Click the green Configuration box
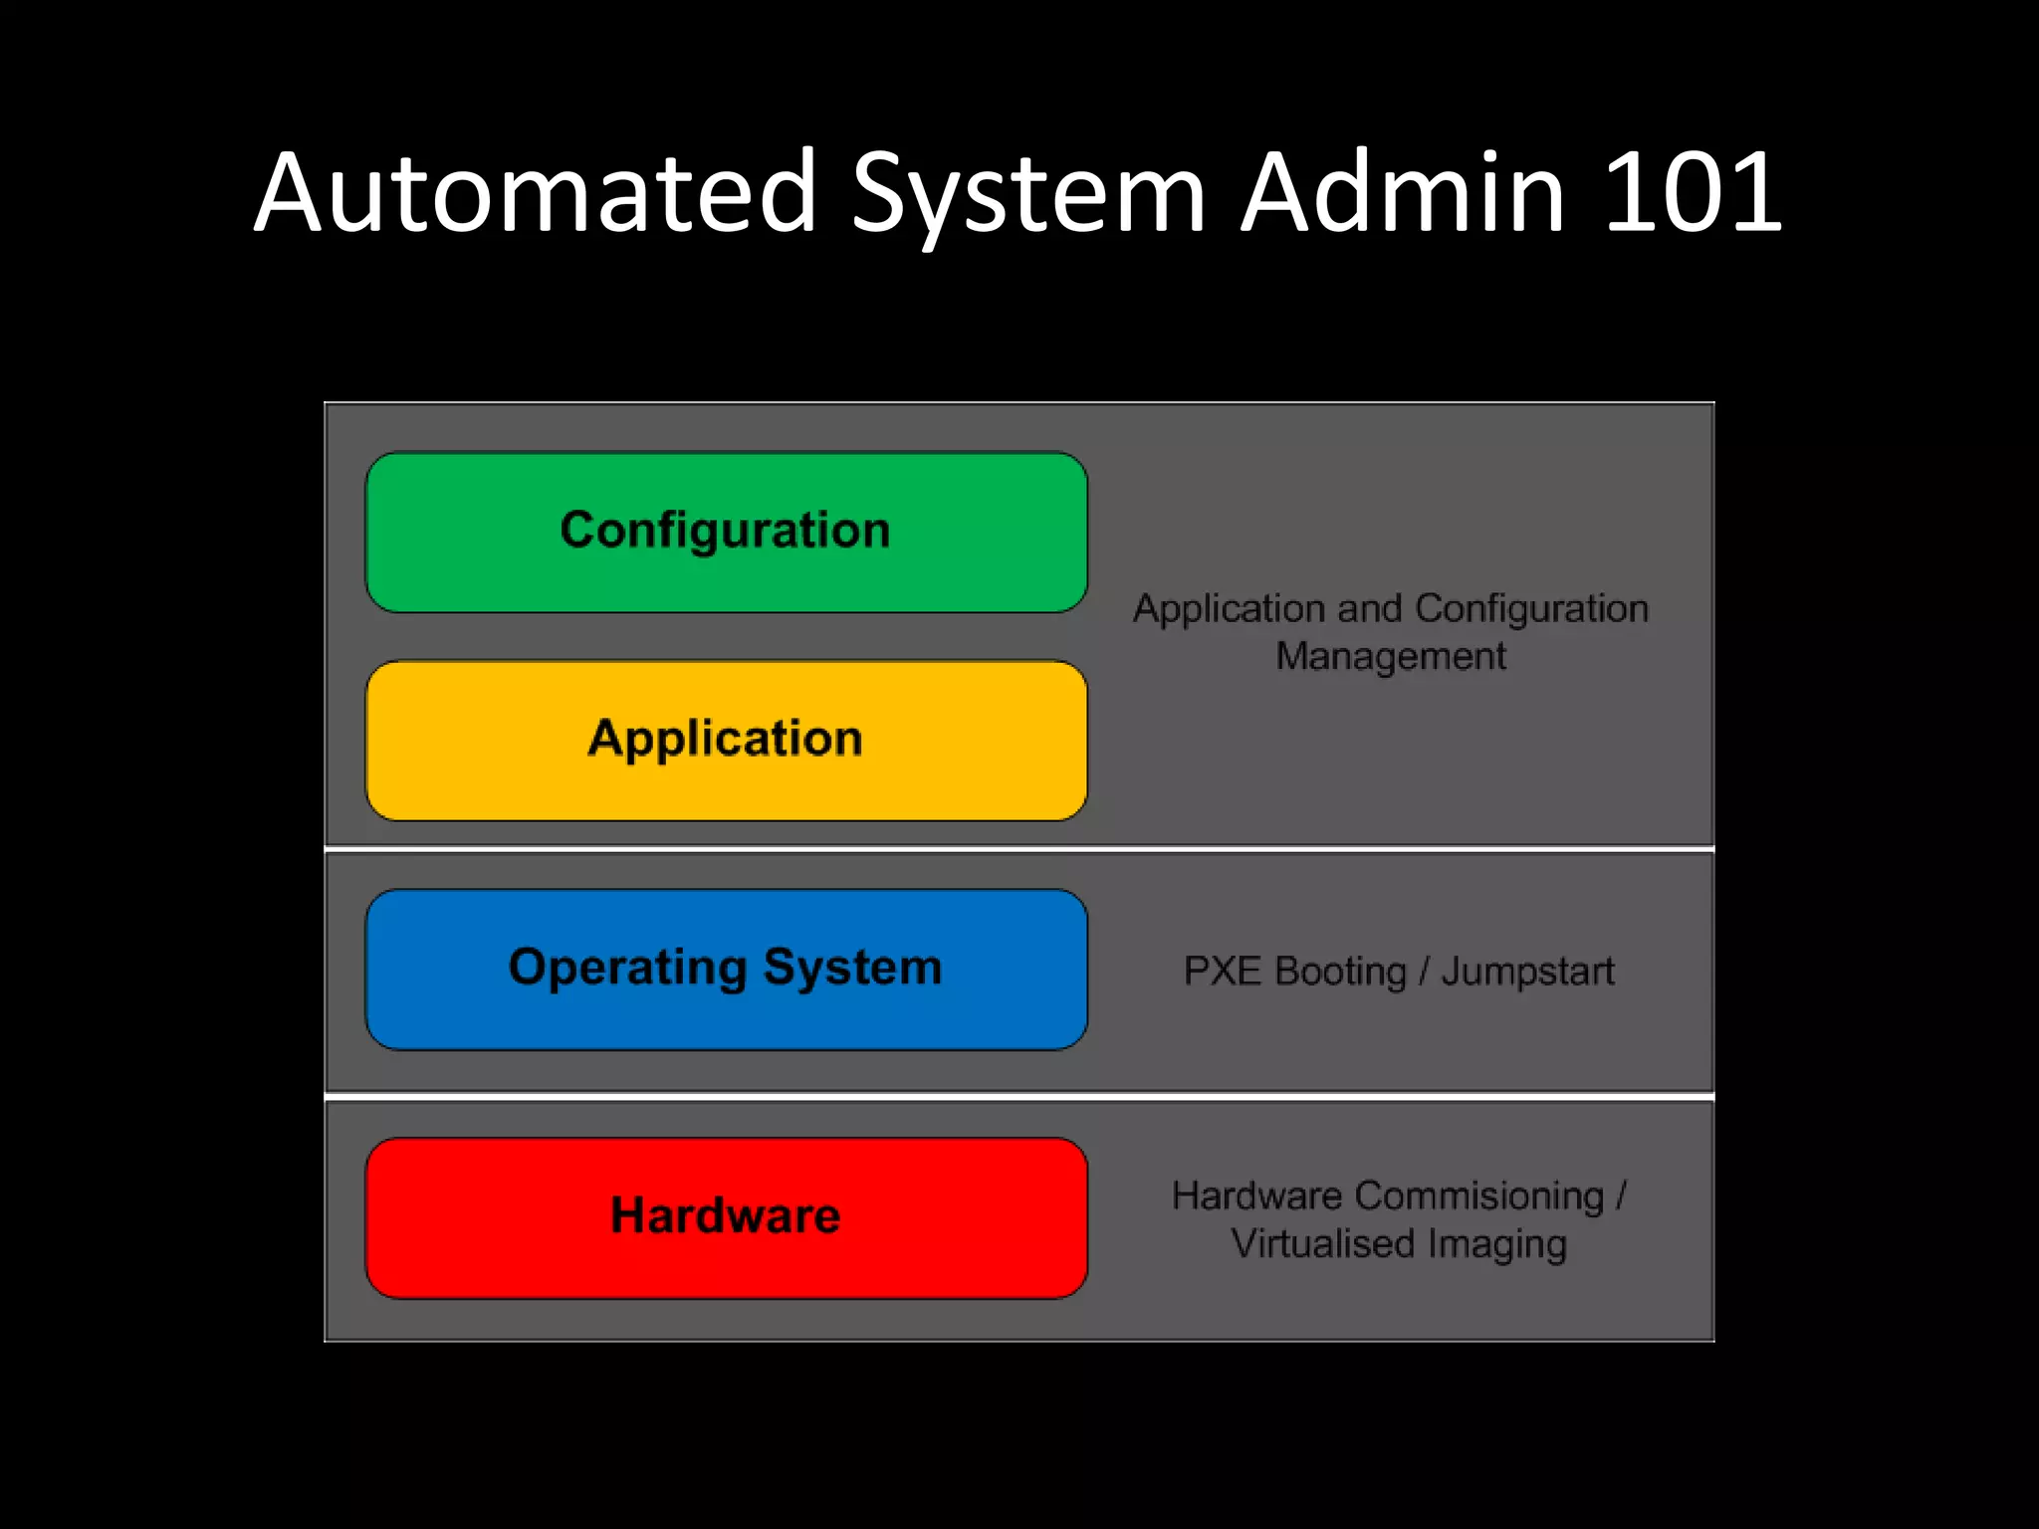pyautogui.click(x=726, y=533)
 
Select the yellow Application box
pyautogui.click(x=726, y=741)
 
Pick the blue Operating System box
pyautogui.click(x=726, y=969)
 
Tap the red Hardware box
pyautogui.click(x=726, y=1217)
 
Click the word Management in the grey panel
pyautogui.click(x=1391, y=657)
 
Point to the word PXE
pyautogui.click(x=1222, y=972)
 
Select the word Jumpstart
pyautogui.click(x=1527, y=972)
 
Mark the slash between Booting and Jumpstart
pyautogui.click(x=1424, y=972)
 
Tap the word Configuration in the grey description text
pyautogui.click(x=1531, y=609)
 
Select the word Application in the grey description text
pyautogui.click(x=1228, y=609)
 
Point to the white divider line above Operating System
pyautogui.click(x=1019, y=849)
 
